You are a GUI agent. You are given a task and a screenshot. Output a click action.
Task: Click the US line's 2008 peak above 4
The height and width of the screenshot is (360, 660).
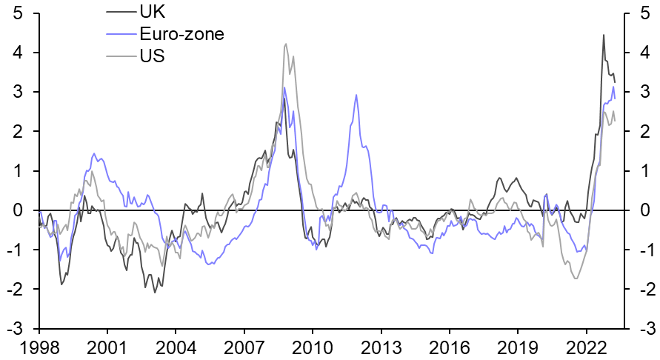click(x=286, y=44)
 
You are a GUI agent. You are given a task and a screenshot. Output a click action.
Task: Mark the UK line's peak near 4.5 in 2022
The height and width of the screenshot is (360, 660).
click(x=603, y=35)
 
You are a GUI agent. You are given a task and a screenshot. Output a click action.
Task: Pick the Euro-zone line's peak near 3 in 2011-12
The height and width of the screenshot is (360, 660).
click(x=356, y=95)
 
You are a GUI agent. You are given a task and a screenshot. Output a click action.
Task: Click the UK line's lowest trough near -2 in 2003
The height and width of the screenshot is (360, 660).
click(x=155, y=293)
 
